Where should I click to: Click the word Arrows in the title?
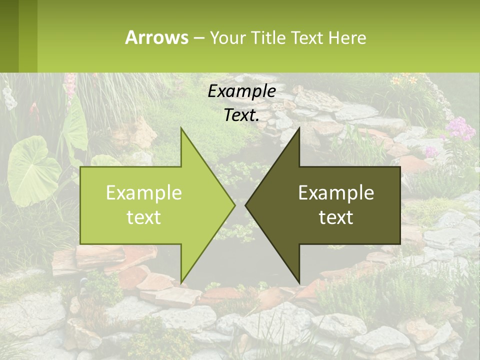point(156,37)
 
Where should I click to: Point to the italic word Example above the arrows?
point(241,91)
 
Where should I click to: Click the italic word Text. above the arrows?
point(241,115)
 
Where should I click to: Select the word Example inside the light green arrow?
point(143,193)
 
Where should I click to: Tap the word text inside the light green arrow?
point(143,217)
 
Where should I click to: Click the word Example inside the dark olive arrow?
point(336,193)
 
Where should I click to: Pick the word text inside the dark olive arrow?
point(336,217)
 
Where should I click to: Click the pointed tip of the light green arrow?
point(233,205)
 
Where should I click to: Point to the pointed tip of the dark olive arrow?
point(246,205)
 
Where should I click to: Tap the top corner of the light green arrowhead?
point(182,129)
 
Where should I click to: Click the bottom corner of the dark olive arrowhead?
point(298,281)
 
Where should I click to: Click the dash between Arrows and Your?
point(198,38)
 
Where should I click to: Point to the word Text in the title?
point(306,37)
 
